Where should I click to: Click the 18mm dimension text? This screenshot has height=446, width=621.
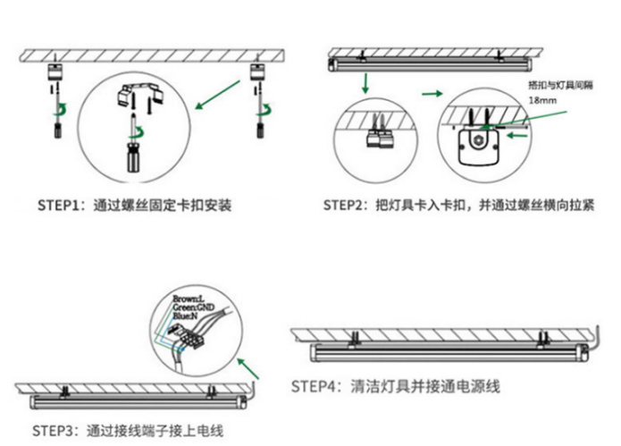pos(541,101)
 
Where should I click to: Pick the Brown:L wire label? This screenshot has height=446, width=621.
pos(189,298)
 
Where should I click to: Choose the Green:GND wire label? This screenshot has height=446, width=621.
pos(191,307)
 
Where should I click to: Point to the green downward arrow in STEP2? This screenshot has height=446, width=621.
pos(365,85)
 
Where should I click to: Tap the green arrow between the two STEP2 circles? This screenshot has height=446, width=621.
pos(432,92)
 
